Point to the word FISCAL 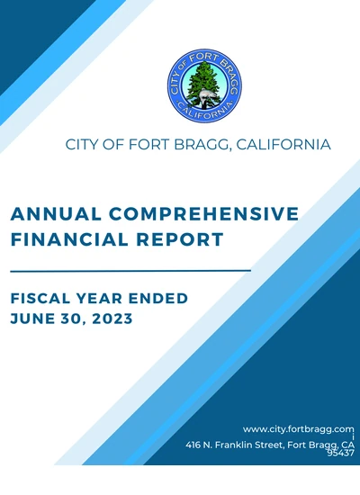[x=43, y=298]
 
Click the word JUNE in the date [x=34, y=319]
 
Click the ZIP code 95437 [x=342, y=454]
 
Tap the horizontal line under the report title [x=130, y=269]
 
